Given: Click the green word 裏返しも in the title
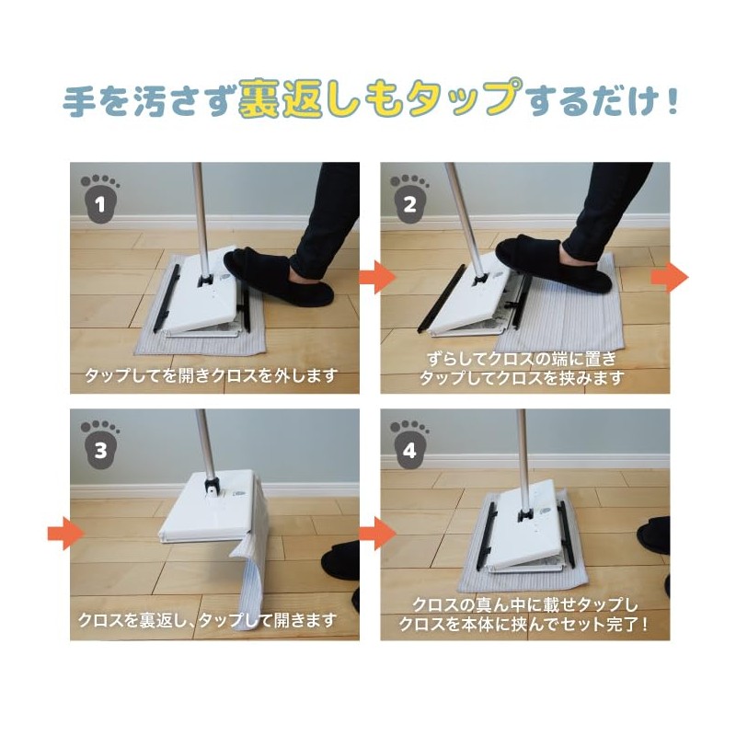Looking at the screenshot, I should [x=321, y=100].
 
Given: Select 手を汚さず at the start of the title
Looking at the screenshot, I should [x=147, y=101].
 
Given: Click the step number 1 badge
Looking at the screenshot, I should [x=99, y=199].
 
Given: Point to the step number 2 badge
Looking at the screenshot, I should [x=408, y=199].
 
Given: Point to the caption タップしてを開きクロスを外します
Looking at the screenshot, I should [x=212, y=376].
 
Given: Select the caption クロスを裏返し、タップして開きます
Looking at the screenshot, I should [x=206, y=619].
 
